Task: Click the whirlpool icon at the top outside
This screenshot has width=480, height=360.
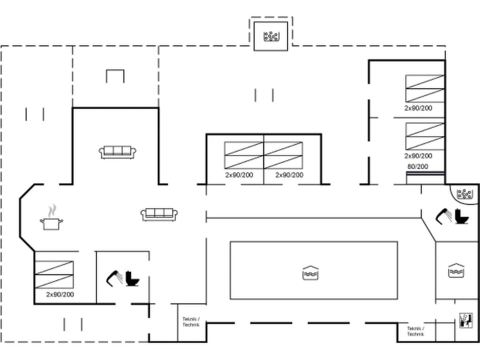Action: tap(270, 36)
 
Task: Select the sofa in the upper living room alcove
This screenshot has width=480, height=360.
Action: tap(118, 152)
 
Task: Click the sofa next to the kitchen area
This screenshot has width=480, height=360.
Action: tap(159, 214)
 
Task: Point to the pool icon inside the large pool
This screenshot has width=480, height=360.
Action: tap(310, 272)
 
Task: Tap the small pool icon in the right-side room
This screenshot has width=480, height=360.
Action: tap(456, 270)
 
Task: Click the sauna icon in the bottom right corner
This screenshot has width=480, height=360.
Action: tap(465, 320)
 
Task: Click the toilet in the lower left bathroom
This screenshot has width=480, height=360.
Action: tap(132, 278)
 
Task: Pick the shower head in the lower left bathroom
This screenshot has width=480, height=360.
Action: tap(114, 277)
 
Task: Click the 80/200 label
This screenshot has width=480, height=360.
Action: tap(417, 166)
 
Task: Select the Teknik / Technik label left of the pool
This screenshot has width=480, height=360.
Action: tap(191, 321)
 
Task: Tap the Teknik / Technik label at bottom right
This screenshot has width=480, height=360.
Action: tap(415, 331)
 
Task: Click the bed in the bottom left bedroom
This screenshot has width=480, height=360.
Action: tap(54, 274)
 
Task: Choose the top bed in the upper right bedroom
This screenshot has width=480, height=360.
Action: tap(424, 88)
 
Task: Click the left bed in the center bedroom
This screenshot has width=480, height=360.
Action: tap(243, 155)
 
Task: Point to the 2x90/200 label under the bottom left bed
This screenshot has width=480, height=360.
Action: tap(60, 294)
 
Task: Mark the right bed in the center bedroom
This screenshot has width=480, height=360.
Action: tap(283, 155)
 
